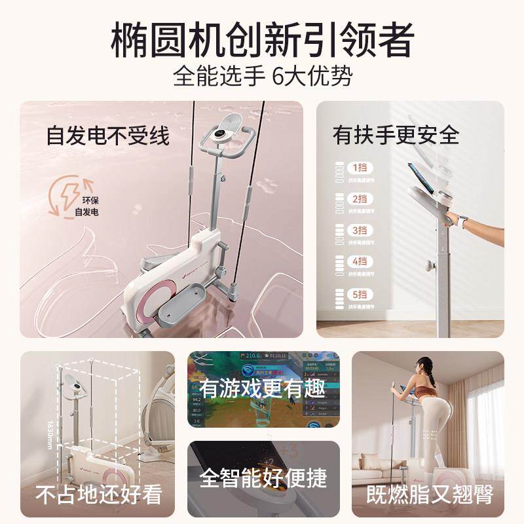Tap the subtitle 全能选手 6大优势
click(262, 77)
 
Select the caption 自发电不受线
click(107, 136)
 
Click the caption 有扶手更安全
click(396, 135)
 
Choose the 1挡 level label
click(360, 167)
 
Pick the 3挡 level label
click(360, 230)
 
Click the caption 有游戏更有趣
click(263, 388)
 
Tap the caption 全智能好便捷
click(263, 477)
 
